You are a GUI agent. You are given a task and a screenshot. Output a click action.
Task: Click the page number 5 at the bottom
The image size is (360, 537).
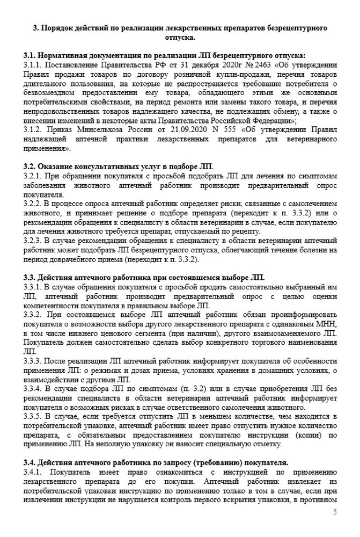point(335,512)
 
